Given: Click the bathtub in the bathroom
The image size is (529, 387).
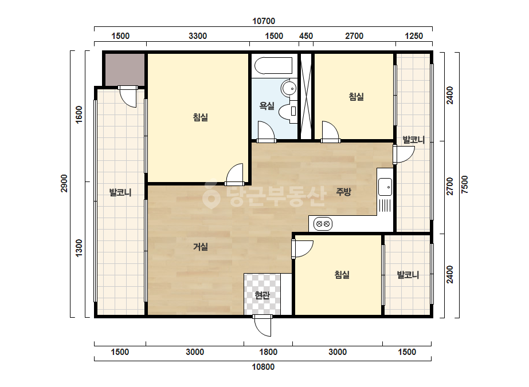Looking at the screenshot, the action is coord(273,65).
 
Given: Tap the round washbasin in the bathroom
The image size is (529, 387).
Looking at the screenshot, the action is coord(289,88).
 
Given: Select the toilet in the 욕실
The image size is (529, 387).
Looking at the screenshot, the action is coord(288,111).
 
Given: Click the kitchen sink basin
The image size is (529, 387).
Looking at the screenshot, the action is coord(385,187).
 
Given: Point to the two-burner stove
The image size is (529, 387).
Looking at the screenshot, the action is coord(323,223).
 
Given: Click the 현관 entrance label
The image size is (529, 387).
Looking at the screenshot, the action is coord(262,295).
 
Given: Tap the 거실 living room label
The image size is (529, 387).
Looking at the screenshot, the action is coord(201,247).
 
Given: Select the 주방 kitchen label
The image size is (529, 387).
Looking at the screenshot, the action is coord(343,192).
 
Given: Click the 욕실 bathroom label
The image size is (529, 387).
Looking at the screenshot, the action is coord(267,106).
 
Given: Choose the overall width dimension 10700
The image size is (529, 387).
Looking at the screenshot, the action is coord(264,21).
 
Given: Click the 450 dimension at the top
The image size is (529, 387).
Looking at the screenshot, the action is coord(306,36).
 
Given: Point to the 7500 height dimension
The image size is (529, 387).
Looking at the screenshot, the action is coord(465,184).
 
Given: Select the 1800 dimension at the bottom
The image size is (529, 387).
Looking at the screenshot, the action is coord(268,352).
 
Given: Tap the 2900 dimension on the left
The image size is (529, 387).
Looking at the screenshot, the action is coord(64,183).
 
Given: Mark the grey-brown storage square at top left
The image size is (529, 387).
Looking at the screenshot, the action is coord(124,69).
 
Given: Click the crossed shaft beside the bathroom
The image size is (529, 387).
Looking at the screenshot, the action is coord(306,96).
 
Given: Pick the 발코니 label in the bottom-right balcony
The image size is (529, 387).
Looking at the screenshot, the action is coord(408,275).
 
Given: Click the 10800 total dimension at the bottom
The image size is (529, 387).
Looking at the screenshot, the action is coord(263,367).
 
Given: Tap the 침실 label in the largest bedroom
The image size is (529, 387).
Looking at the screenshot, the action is coord(201,117).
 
